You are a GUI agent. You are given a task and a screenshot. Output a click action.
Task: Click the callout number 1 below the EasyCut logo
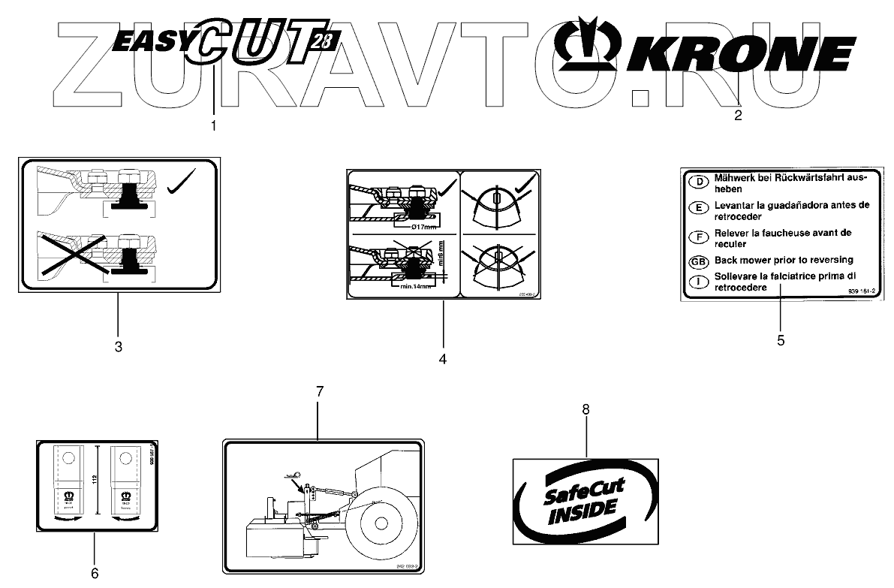pyautogui.click(x=213, y=126)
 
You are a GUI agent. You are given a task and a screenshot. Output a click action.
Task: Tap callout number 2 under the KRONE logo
pyautogui.click(x=738, y=115)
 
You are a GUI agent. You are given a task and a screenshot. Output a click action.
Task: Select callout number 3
pyautogui.click(x=118, y=346)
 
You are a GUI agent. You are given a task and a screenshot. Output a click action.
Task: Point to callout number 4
pyautogui.click(x=443, y=359)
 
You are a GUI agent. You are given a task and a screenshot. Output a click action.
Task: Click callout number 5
pyautogui.click(x=781, y=340)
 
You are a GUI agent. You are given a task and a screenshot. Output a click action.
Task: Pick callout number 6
pyautogui.click(x=95, y=573)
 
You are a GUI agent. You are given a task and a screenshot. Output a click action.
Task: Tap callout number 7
pyautogui.click(x=320, y=392)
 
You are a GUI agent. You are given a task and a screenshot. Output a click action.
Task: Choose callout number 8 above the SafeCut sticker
pyautogui.click(x=586, y=409)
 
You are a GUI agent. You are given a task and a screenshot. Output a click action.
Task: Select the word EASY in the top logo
pyautogui.click(x=149, y=41)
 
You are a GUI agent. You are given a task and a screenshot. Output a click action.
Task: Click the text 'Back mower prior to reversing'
pyautogui.click(x=784, y=260)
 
